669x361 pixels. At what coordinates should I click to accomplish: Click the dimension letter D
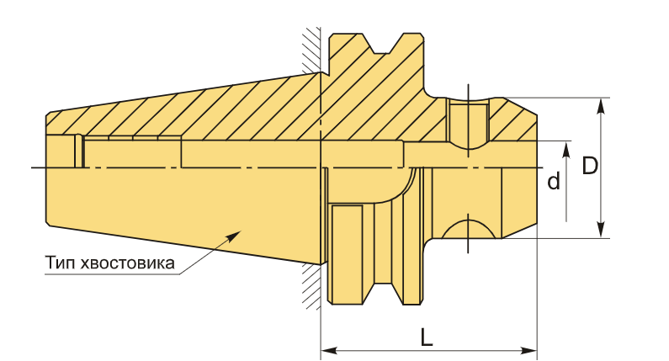click(x=590, y=166)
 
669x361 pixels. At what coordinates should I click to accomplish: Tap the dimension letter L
click(x=427, y=337)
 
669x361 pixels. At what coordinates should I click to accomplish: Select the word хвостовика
click(x=128, y=263)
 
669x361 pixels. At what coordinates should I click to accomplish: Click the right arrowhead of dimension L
click(x=528, y=351)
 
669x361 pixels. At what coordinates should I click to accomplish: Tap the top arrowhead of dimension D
click(x=601, y=106)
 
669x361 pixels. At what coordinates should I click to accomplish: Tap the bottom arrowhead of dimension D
click(x=601, y=230)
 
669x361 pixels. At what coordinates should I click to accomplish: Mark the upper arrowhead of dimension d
click(x=566, y=150)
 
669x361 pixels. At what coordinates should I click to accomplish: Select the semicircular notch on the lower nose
click(x=469, y=229)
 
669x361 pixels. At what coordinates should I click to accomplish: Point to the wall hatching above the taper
click(x=311, y=49)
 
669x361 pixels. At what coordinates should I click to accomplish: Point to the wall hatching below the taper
click(x=311, y=287)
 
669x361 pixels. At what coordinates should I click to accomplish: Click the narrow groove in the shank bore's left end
click(x=79, y=151)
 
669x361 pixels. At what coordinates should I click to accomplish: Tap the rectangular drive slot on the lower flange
click(x=348, y=254)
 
